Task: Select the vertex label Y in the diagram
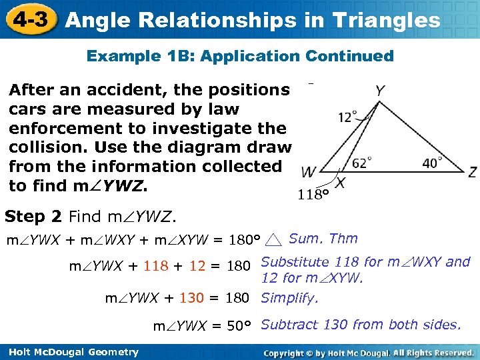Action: [379, 91]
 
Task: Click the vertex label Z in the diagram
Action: [472, 173]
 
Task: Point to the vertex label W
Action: [309, 173]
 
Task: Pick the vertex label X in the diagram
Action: [340, 182]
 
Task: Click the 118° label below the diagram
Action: [313, 195]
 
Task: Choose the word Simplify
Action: [289, 298]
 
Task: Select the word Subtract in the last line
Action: [289, 325]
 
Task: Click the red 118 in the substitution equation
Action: [155, 267]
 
